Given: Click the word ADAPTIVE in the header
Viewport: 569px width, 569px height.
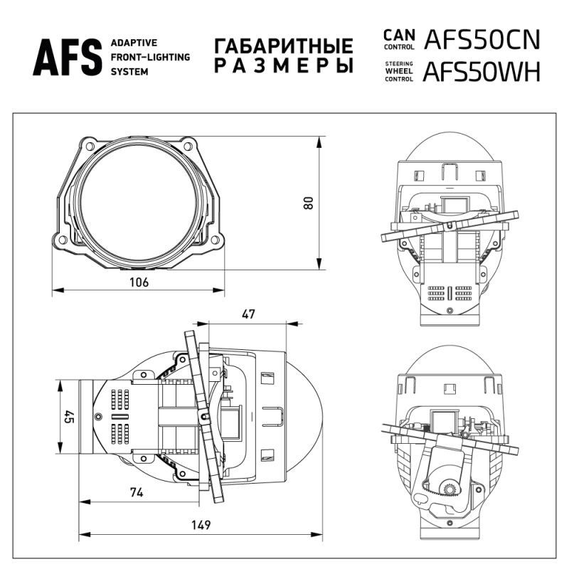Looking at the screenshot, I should (133, 43).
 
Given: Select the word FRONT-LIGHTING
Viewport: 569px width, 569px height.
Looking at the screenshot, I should (150, 58).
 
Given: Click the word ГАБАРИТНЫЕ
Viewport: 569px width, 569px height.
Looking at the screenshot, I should (283, 47).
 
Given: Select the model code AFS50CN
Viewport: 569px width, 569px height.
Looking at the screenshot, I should (482, 40).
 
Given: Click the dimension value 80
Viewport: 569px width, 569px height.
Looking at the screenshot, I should (308, 203).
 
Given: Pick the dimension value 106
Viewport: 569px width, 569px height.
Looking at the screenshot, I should (139, 282).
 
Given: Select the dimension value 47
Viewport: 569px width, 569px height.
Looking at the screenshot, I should (248, 314).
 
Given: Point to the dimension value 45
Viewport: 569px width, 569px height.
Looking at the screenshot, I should (69, 417).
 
